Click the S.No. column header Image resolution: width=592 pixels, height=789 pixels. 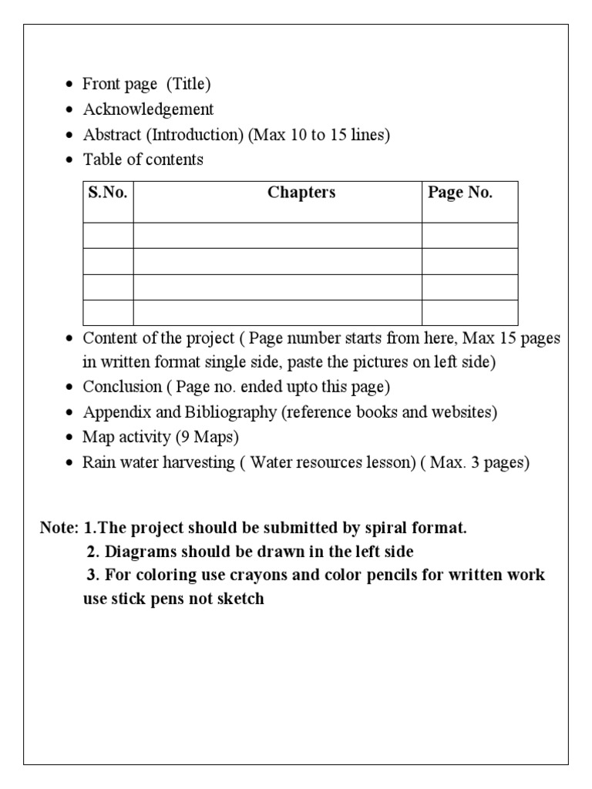point(107,193)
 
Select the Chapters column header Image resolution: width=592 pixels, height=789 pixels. point(301,193)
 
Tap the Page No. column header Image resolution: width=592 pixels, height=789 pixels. point(460,193)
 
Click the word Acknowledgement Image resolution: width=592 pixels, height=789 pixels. point(149,109)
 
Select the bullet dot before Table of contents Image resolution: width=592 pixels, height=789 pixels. point(70,160)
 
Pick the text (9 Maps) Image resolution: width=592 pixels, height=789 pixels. point(207,438)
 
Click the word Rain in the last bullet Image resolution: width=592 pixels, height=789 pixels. point(98,463)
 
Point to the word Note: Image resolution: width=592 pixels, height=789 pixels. point(59,529)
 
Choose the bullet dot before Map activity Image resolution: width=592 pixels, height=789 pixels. point(70,438)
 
